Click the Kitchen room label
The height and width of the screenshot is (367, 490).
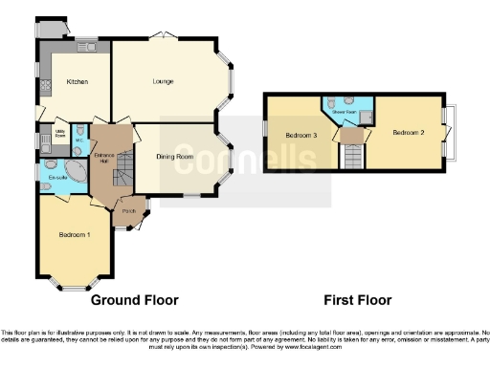click(x=77, y=82)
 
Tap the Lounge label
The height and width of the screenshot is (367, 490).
click(x=163, y=82)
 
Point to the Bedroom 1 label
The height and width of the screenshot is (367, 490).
click(x=75, y=235)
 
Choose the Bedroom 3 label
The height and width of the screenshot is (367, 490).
click(x=301, y=136)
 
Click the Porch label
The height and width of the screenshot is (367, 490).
click(x=127, y=211)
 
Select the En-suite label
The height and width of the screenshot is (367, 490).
click(x=56, y=178)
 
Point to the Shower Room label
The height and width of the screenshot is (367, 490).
click(x=345, y=111)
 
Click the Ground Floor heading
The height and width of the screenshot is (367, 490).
click(x=135, y=299)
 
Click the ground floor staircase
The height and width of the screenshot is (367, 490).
click(x=122, y=176)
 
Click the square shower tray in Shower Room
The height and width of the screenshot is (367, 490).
click(x=365, y=116)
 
